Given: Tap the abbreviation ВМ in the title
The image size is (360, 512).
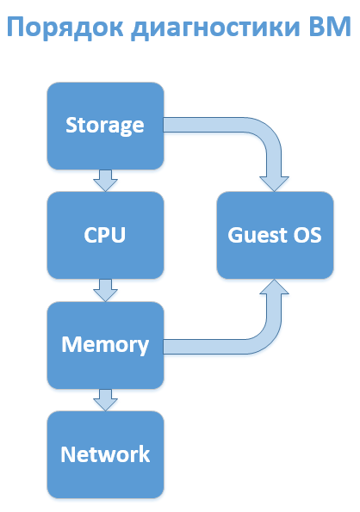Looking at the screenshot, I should (x=330, y=28).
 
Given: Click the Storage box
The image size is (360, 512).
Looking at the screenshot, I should (x=105, y=126).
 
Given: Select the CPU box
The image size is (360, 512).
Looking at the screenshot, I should (x=105, y=235).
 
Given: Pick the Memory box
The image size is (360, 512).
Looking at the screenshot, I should (x=105, y=345).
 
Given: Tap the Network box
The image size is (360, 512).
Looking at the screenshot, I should (x=105, y=454).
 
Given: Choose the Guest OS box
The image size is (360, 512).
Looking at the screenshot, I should (x=275, y=235).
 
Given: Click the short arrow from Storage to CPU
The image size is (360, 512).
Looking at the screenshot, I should (x=105, y=180).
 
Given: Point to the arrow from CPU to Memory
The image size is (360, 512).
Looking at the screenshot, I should (x=105, y=290).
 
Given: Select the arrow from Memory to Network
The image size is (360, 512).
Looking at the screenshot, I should (x=105, y=399).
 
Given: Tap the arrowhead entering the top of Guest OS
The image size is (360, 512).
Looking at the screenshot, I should (x=275, y=181).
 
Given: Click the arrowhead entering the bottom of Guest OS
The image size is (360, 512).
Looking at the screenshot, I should (x=275, y=290).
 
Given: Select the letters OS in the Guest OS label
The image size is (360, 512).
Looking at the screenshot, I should (x=307, y=235).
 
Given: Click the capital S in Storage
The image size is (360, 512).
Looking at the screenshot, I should (x=72, y=126).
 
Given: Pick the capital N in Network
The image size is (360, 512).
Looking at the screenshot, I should (x=67, y=454).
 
